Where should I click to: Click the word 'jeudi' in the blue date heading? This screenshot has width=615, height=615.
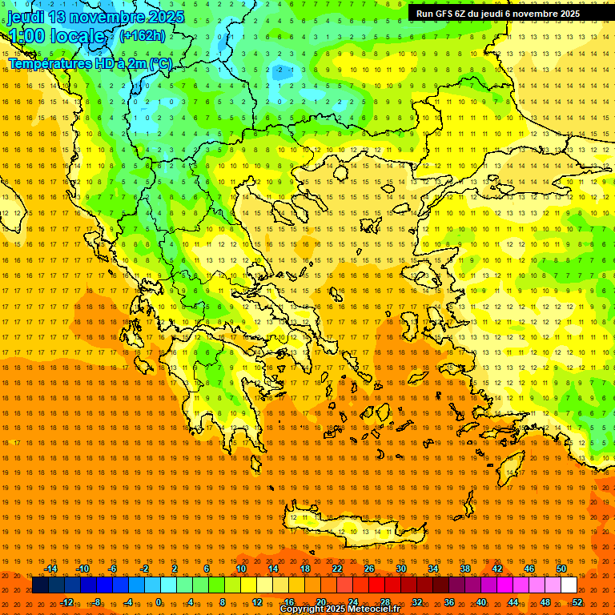[26, 18]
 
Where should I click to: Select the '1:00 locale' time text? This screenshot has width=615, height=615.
[58, 37]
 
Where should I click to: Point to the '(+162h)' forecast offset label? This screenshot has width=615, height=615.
[142, 35]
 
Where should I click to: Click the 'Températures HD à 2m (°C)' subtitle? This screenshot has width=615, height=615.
[90, 63]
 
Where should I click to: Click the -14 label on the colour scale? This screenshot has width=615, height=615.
[50, 569]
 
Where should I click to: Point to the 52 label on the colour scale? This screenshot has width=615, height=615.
[577, 602]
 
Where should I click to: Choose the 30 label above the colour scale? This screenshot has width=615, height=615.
[401, 569]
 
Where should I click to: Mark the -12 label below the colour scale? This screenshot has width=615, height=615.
[66, 602]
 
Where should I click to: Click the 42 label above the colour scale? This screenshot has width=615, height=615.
[497, 569]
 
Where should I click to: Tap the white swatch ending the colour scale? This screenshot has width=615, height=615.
[569, 585]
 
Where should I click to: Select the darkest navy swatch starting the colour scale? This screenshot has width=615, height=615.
[40, 585]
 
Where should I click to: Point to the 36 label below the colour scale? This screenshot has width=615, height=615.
[449, 602]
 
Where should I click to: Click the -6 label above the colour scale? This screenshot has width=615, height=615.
[113, 569]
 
